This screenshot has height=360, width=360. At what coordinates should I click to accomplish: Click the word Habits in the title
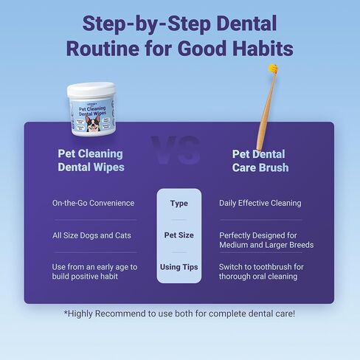point(254,48)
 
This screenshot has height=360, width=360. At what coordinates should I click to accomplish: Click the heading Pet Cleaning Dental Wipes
point(90,160)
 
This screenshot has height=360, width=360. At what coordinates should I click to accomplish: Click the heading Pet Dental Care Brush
point(260,160)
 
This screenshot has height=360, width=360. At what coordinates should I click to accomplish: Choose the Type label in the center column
point(179,203)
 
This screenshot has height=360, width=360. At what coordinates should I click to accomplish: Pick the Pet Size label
point(179,235)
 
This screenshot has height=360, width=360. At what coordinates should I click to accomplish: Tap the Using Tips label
point(179,266)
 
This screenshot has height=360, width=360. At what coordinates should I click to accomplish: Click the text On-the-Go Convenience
point(94,203)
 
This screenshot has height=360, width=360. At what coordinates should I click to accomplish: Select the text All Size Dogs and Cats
point(91,235)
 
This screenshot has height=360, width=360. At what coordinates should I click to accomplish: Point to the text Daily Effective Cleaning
point(260,203)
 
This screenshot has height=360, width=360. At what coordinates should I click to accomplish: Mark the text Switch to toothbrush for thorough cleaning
point(261,271)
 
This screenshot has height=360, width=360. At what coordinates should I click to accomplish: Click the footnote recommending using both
point(179,314)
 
